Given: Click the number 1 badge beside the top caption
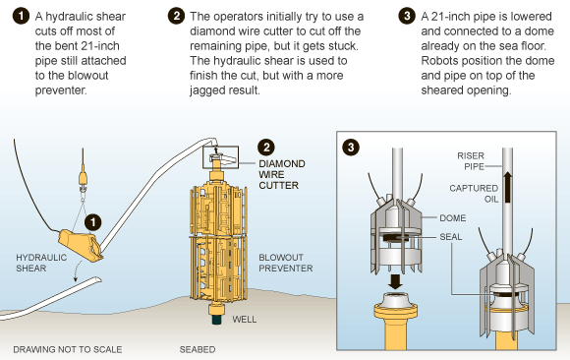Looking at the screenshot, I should [x=17, y=17].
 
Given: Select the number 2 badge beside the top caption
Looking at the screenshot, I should [x=176, y=17].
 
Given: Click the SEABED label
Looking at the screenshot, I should [x=198, y=349].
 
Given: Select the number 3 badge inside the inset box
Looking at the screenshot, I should [x=352, y=148].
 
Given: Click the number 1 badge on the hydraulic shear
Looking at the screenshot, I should [x=91, y=223].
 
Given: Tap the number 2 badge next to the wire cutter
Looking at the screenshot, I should [x=265, y=147].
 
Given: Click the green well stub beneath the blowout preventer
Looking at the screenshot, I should [x=216, y=318].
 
